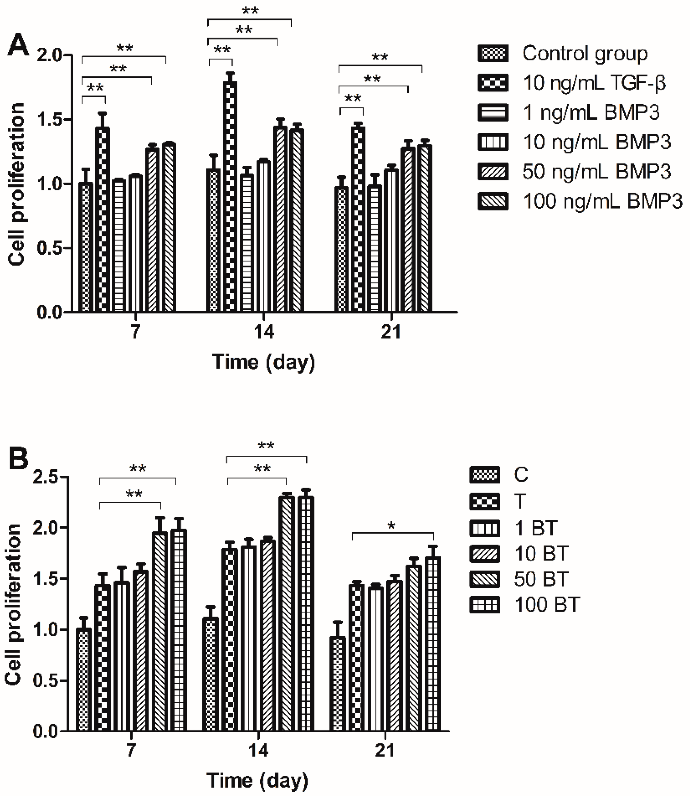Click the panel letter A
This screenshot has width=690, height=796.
(19, 45)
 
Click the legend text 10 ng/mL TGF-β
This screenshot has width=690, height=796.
(594, 83)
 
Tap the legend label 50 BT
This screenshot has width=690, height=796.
(541, 579)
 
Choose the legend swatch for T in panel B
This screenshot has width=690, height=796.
(485, 501)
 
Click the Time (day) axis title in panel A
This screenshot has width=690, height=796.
(263, 362)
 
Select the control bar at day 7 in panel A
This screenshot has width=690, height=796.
(86, 246)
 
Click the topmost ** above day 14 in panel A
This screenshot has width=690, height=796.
(250, 11)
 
